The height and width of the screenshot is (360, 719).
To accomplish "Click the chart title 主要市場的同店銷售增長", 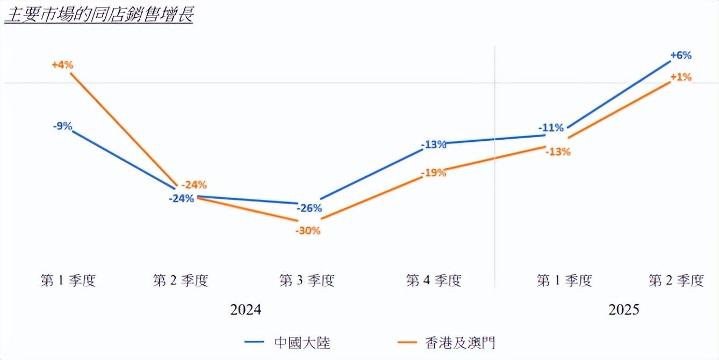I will pyautogui.click(x=98, y=15).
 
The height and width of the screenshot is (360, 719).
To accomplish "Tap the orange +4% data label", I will pyautogui.click(x=62, y=64).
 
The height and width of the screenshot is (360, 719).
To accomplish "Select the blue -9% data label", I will pyautogui.click(x=62, y=127).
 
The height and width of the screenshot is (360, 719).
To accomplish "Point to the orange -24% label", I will pyautogui.click(x=193, y=185).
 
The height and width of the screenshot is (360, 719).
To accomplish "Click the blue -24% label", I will pyautogui.click(x=181, y=198).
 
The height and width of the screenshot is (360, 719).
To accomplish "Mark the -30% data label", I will pyautogui.click(x=307, y=231).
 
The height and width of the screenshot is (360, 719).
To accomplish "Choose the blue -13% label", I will pyautogui.click(x=434, y=144).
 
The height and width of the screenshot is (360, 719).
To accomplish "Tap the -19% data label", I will pyautogui.click(x=434, y=172).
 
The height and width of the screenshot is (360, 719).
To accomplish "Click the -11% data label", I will pyautogui.click(x=551, y=127).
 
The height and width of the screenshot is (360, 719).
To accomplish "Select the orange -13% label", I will pyautogui.click(x=558, y=152).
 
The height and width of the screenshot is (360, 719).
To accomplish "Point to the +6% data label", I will pyautogui.click(x=680, y=55).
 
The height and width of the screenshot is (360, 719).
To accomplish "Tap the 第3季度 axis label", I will pyautogui.click(x=307, y=280).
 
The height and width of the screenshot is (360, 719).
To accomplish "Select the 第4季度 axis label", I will pyautogui.click(x=434, y=280).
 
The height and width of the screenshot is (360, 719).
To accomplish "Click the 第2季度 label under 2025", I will pyautogui.click(x=676, y=280).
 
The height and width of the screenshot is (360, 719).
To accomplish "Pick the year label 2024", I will pyautogui.click(x=246, y=310).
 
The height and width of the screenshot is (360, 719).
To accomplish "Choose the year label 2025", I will pyautogui.click(x=623, y=310).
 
